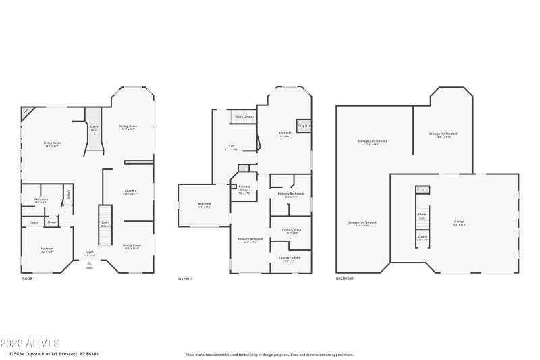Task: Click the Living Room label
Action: coord(53,143)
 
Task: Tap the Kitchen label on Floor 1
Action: coord(130,191)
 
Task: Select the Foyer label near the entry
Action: coord(89,253)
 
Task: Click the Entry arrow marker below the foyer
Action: coord(89,264)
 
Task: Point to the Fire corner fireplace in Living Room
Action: coord(26,111)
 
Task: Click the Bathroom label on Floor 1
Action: coord(40,199)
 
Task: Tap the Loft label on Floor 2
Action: coord(231,147)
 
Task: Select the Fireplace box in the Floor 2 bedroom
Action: coord(304,126)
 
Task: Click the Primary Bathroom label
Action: coord(290,195)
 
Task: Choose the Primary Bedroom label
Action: coord(250,239)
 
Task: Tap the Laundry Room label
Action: coord(290,258)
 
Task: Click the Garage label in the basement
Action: coord(459,222)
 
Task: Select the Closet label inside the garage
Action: coord(423,237)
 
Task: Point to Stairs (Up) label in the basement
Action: coord(423,216)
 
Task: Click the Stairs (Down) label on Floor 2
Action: coord(244,117)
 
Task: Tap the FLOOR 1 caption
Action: coord(28,278)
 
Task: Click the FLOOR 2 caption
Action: coord(185,278)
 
